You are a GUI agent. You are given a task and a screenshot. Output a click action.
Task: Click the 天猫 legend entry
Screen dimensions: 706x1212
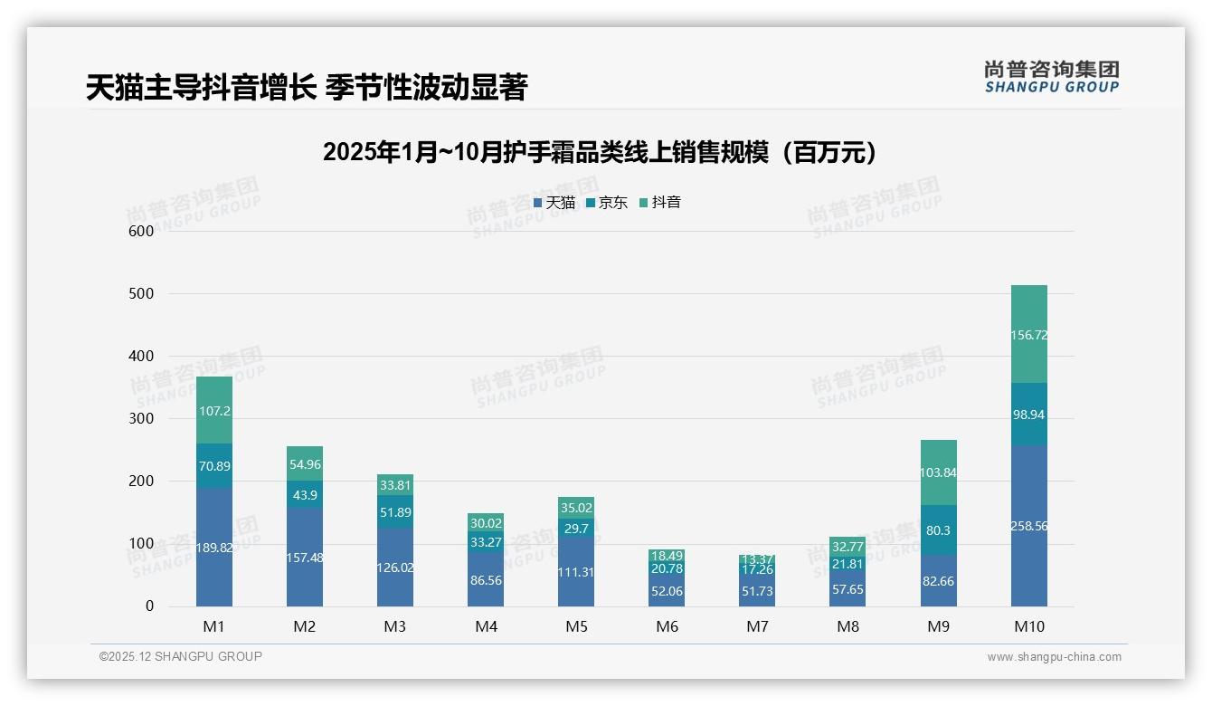[x=554, y=203]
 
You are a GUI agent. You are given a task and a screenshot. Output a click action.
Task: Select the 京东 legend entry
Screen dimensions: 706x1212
[x=607, y=203]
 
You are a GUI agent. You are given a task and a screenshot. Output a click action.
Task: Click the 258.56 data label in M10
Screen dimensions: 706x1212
[x=1028, y=526]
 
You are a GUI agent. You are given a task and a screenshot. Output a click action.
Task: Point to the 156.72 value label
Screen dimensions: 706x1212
[x=1028, y=335]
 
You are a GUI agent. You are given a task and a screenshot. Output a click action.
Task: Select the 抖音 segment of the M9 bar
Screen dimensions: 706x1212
[x=938, y=472]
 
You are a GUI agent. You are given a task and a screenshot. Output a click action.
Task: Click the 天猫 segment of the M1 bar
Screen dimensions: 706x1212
[x=214, y=548]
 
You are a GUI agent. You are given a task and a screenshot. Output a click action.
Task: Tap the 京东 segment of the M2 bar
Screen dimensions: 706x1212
[x=305, y=495]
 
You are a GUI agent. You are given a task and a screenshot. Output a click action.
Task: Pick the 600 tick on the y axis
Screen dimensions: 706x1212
[x=141, y=231]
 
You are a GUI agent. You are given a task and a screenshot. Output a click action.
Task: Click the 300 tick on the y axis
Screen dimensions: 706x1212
[x=141, y=419]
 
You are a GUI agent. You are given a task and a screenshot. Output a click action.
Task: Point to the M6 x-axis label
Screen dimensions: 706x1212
[x=667, y=626]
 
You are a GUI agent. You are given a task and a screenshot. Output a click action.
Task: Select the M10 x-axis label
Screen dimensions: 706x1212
[x=1028, y=626]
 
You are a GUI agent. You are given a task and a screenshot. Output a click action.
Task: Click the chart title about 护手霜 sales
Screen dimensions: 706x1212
[x=601, y=152]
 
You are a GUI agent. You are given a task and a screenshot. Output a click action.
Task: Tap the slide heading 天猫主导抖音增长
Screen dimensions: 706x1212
[x=307, y=88]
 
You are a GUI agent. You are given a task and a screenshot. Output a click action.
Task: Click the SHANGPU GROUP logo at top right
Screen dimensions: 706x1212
[x=1051, y=77]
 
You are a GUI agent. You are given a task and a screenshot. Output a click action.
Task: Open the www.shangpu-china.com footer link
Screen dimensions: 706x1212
[x=1054, y=657]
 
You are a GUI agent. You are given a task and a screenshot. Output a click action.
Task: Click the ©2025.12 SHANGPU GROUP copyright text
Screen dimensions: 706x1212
[x=181, y=656]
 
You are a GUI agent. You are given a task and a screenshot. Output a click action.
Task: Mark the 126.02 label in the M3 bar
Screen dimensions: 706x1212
[x=395, y=568]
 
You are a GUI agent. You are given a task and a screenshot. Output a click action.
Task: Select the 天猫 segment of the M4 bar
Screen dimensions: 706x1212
[x=486, y=579]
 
